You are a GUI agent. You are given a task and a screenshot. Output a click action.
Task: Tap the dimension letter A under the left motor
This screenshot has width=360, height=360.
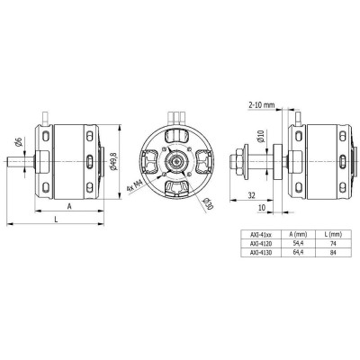tap(68, 206)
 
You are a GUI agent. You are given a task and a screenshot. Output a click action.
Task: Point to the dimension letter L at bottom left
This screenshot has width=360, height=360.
tap(57, 220)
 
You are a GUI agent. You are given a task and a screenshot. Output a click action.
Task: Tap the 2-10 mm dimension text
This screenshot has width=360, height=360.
tap(262, 105)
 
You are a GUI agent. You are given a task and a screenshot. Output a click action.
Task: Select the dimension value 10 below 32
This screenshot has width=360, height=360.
tap(261, 207)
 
